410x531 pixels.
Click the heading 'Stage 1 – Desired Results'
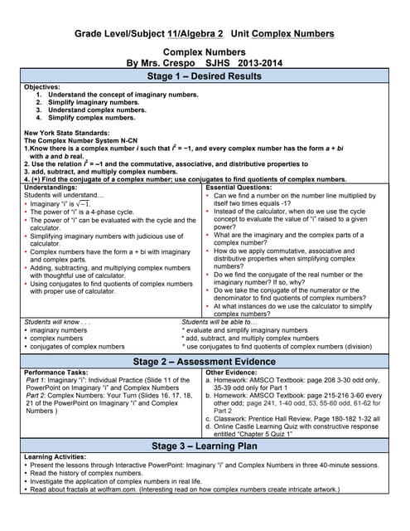point(204,76)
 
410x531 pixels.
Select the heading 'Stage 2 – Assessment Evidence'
point(204,362)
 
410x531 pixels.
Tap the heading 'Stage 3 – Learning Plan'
point(204,446)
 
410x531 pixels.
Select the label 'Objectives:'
point(42,87)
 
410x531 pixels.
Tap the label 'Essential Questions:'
point(240,188)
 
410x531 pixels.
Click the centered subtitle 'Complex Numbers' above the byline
point(205,50)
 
